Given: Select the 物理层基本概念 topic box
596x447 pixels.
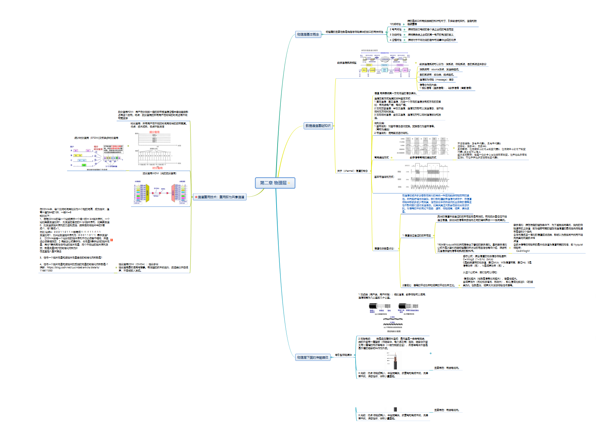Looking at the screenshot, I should (308, 34).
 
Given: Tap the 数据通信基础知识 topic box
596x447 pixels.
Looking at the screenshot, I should (318, 126).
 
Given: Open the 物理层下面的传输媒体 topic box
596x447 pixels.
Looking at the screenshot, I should (312, 357).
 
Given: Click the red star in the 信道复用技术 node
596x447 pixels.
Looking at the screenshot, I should (196, 197).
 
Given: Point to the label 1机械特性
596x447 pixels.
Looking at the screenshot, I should (395, 24).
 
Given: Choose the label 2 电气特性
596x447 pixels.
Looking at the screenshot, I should (395, 29).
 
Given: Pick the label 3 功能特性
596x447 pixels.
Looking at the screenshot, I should (395, 35).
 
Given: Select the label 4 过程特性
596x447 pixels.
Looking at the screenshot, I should (395, 40).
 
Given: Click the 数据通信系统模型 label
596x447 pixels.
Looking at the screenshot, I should (346, 63).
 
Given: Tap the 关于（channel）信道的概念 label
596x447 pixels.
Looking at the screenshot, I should (352, 171).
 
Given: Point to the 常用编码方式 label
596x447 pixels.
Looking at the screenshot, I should (381, 158).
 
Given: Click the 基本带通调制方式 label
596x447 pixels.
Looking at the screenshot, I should (384, 177).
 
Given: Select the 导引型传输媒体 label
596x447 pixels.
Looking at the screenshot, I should (343, 355).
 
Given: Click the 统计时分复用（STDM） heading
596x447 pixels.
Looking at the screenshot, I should (96, 138).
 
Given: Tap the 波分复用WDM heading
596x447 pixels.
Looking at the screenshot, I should (159, 173).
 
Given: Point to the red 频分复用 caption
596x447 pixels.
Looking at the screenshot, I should (154, 132).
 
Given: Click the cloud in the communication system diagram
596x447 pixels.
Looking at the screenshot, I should (385, 59).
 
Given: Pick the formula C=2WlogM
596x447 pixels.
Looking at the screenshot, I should (523, 251).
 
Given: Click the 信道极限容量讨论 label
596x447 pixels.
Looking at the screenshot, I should (384, 249).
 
